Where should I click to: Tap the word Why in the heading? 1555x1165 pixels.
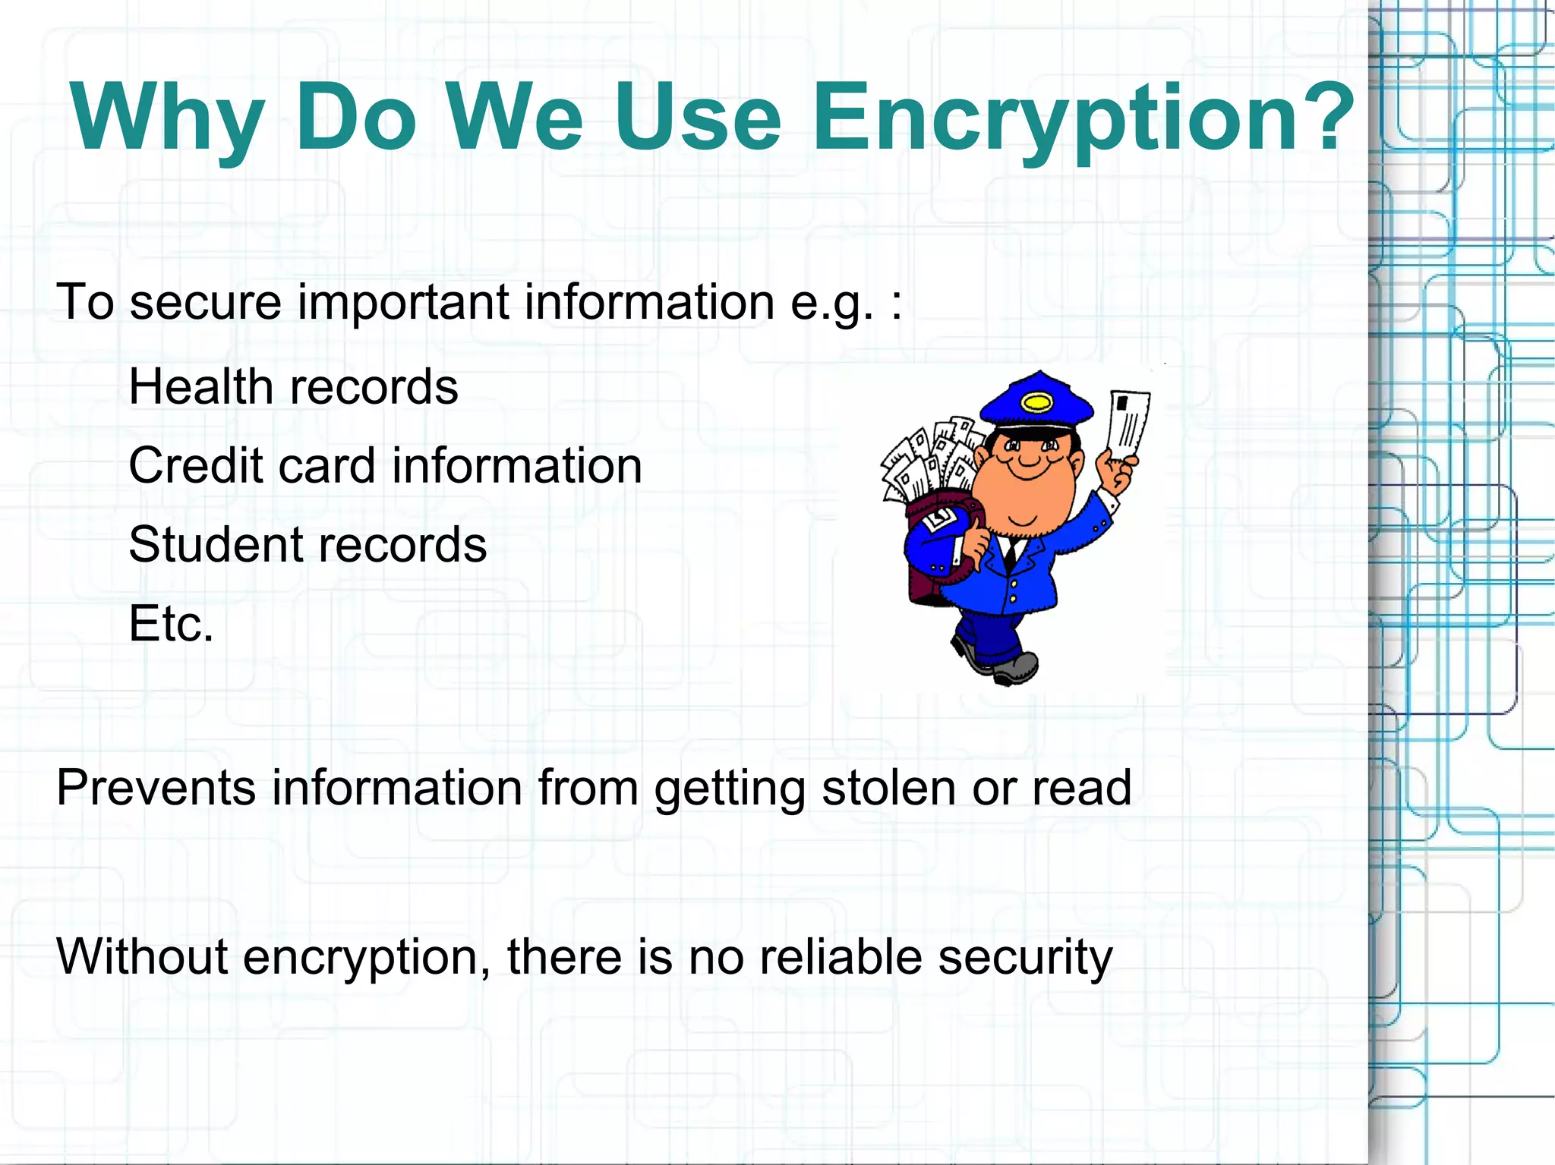click(x=167, y=118)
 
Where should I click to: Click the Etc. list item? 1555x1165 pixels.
click(x=171, y=624)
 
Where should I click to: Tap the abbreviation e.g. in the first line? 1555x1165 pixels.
click(x=831, y=302)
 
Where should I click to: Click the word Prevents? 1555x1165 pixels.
click(x=156, y=788)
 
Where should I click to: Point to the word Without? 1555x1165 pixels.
click(x=141, y=956)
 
